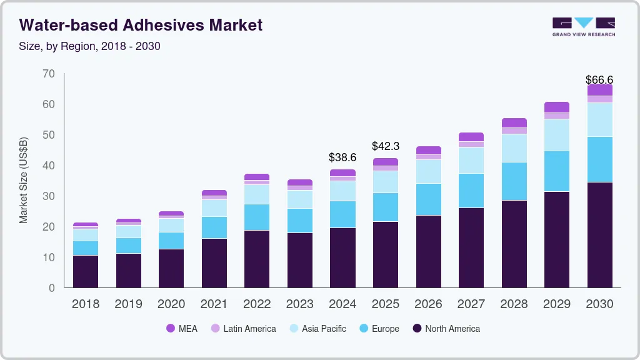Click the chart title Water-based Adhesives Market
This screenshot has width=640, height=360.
pyautogui.click(x=141, y=25)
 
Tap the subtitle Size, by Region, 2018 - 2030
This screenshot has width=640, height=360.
pyautogui.click(x=90, y=46)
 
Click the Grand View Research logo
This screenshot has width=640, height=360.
pyautogui.click(x=583, y=26)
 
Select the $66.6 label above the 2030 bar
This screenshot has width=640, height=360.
pyautogui.click(x=599, y=80)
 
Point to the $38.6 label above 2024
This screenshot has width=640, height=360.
pyautogui.click(x=342, y=157)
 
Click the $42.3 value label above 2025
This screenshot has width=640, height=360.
pyautogui.click(x=385, y=146)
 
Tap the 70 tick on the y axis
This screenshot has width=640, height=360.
pyautogui.click(x=49, y=74)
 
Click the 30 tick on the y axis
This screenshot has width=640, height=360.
pyautogui.click(x=49, y=196)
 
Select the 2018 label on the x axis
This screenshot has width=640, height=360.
pyautogui.click(x=86, y=304)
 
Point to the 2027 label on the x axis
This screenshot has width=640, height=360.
pyautogui.click(x=471, y=304)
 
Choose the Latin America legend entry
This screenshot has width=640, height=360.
pyautogui.click(x=243, y=329)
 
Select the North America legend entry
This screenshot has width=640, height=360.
pyautogui.click(x=446, y=329)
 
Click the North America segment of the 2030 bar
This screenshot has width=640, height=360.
pyautogui.click(x=599, y=234)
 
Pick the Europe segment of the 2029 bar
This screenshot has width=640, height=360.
pyautogui.click(x=556, y=171)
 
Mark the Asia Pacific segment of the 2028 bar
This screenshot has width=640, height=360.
pyautogui.click(x=514, y=148)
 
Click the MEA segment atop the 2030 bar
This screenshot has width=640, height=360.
pyautogui.click(x=599, y=90)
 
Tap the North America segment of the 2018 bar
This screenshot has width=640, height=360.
pyautogui.click(x=86, y=271)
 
